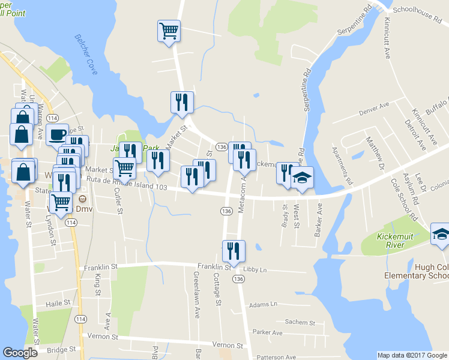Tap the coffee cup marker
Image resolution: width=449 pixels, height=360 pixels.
pos(58,134)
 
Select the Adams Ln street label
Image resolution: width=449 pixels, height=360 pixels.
pos(264,304)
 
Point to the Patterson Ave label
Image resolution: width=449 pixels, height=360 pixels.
pos(276,357)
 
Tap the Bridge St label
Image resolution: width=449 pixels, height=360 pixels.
pos(62,349)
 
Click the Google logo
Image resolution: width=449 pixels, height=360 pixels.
pos(20,353)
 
